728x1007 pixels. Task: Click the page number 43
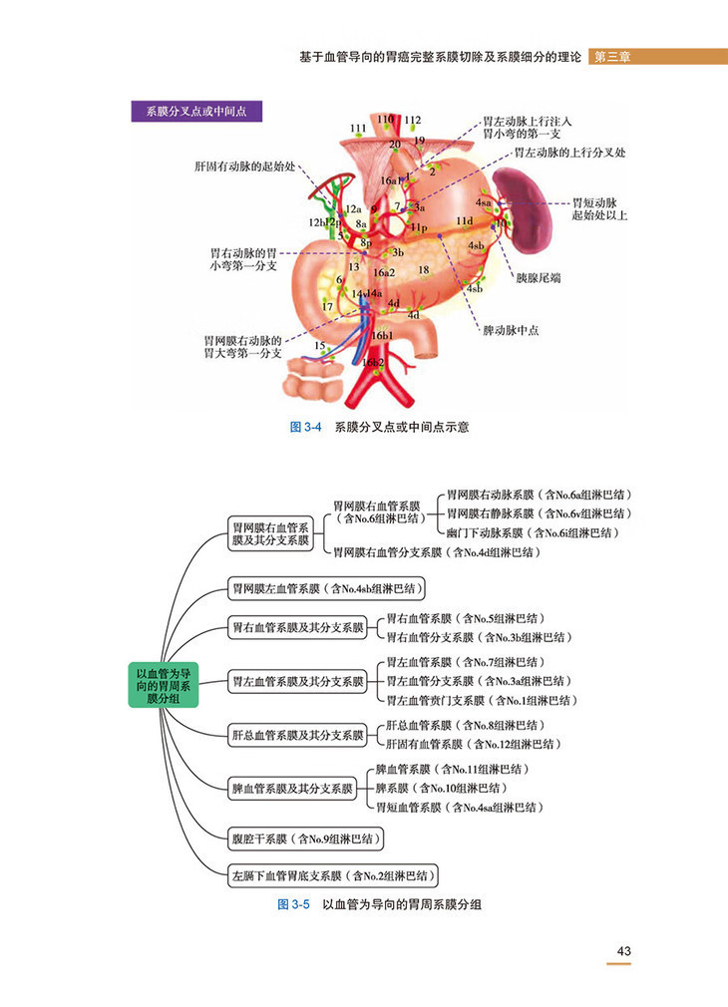tap(624, 951)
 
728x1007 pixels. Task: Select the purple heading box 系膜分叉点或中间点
tap(197, 111)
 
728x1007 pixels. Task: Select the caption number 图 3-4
tap(301, 427)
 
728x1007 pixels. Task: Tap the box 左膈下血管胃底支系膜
tap(334, 876)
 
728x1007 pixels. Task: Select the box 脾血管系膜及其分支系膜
tap(292, 788)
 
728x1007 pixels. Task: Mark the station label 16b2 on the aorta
tap(371, 363)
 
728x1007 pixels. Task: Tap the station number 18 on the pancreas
tap(423, 270)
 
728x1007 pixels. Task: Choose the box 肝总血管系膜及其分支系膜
tap(296, 735)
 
